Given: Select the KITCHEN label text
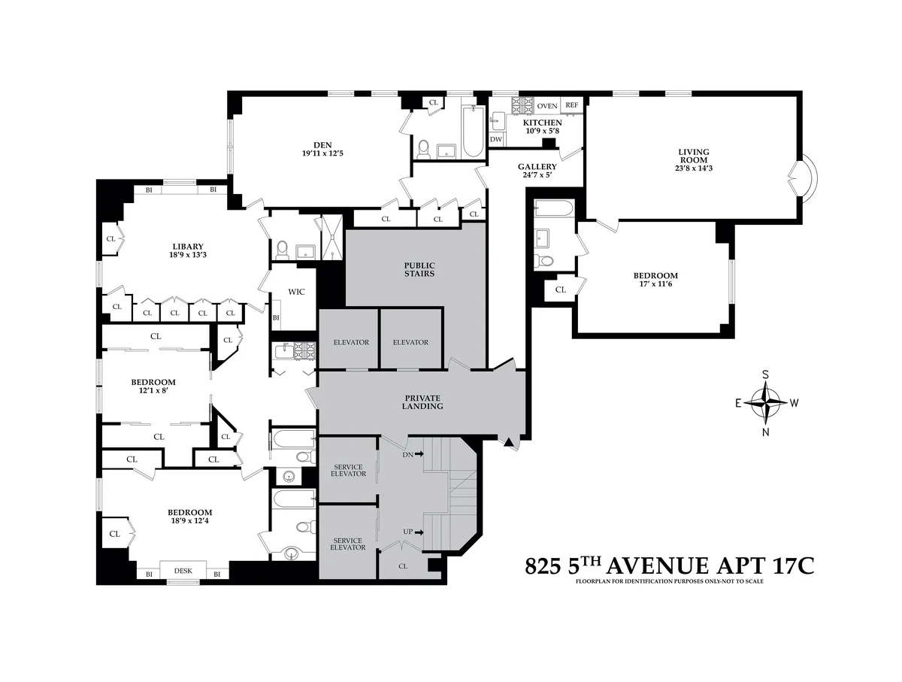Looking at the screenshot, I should pos(542,123).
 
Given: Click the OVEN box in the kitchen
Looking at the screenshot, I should pos(546,105).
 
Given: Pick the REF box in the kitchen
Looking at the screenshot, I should pos(572,105).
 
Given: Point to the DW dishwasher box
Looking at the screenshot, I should pos(496,139).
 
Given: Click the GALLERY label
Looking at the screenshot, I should pos(537,167).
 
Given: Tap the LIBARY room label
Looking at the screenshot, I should pos(187,247).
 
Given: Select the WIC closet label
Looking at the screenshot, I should pos(297,292).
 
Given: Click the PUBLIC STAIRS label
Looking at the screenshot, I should pos(419,269).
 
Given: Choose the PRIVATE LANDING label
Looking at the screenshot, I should pos(423,402).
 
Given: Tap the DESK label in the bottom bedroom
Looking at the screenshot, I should pos(183,571).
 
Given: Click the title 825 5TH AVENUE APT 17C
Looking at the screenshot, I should pos(669,565).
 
